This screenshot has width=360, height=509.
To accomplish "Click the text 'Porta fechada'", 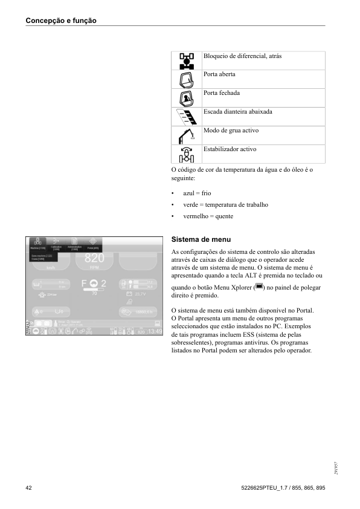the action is pyautogui.click(x=222, y=93).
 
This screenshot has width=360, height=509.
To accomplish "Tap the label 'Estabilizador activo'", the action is pyautogui.click(x=230, y=149).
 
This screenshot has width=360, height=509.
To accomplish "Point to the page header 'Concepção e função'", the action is pyautogui.click(x=61, y=21).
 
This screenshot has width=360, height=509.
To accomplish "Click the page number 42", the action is pyautogui.click(x=29, y=487).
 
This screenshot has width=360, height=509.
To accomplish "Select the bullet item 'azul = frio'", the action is pyautogui.click(x=197, y=193).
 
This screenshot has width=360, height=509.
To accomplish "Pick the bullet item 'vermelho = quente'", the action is pyautogui.click(x=208, y=216).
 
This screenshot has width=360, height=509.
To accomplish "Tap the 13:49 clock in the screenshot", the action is pyautogui.click(x=155, y=331).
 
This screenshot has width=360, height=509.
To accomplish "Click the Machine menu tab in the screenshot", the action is pyautogui.click(x=38, y=244).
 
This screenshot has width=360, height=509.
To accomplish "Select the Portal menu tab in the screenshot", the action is pyautogui.click(x=92, y=244).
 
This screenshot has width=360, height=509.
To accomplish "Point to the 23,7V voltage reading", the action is pyautogui.click(x=140, y=294).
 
